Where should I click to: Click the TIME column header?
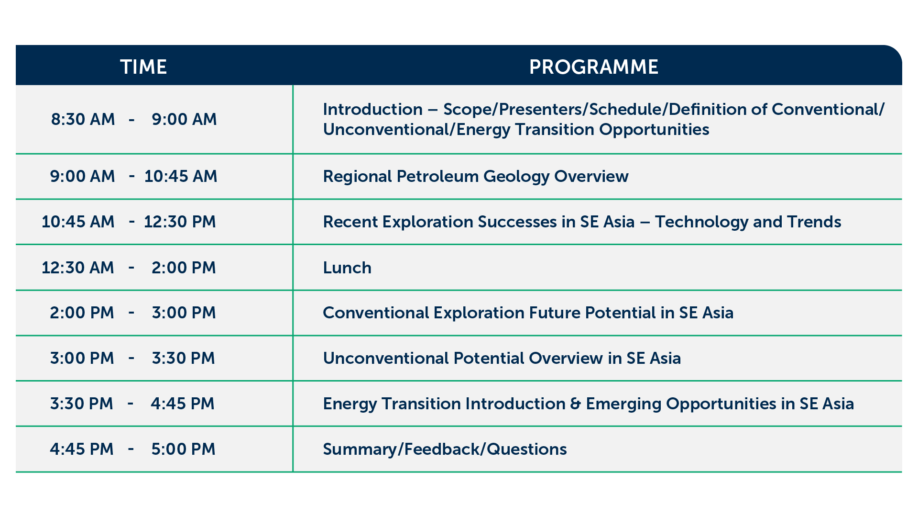[143, 67]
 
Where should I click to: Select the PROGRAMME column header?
[594, 67]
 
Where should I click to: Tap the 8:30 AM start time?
[83, 119]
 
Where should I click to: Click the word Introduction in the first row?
[372, 110]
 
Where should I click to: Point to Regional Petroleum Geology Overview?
[476, 177]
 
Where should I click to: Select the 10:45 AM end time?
[181, 176]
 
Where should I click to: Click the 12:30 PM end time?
[180, 222]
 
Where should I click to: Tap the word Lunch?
[347, 268]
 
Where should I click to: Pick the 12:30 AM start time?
[78, 268]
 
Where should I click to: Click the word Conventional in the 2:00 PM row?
[375, 313]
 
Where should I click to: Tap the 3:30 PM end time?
[184, 358]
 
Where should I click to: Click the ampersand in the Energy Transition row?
[576, 404]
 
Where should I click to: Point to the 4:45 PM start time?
[82, 449]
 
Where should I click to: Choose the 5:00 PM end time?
[184, 449]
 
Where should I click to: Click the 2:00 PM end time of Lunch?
[184, 268]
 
